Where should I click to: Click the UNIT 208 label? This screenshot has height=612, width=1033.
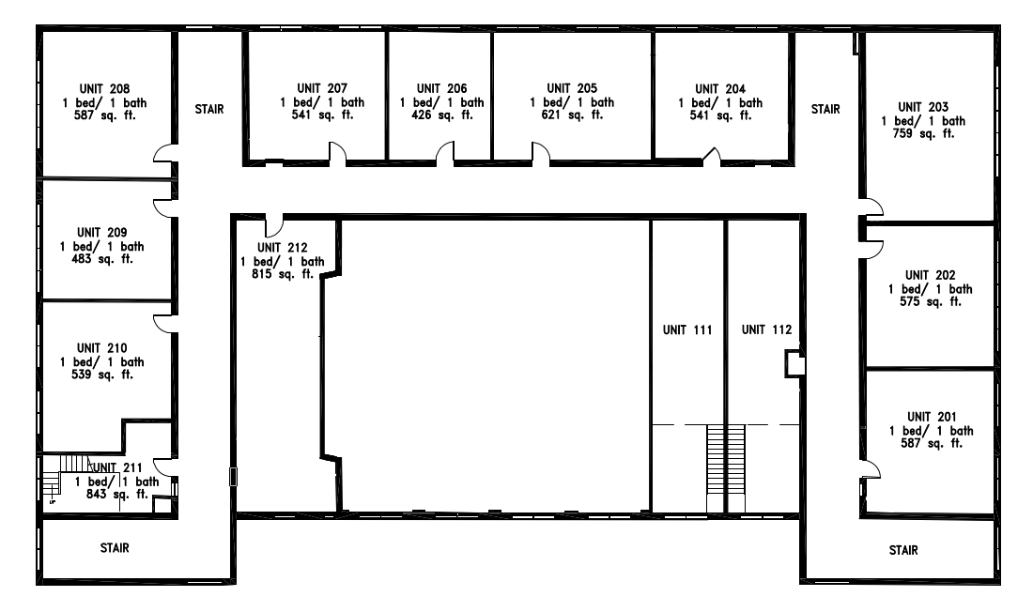click(x=105, y=89)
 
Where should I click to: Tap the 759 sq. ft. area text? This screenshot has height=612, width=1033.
click(x=924, y=133)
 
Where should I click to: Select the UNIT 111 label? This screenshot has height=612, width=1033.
click(x=687, y=330)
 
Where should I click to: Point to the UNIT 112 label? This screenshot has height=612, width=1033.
click(x=767, y=330)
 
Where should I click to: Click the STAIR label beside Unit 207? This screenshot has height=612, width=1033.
click(x=209, y=110)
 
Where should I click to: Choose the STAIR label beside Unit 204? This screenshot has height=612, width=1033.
click(x=825, y=110)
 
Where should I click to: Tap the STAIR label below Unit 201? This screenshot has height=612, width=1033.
click(x=903, y=551)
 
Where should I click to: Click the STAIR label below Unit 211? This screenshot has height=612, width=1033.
click(x=115, y=548)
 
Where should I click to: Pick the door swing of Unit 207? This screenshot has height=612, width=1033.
click(x=337, y=154)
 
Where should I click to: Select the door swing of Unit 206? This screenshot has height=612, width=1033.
click(x=445, y=154)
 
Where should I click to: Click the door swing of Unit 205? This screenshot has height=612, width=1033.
click(x=541, y=154)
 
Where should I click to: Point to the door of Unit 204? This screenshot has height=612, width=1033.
click(x=712, y=156)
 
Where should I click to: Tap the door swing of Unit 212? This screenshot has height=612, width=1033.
click(x=274, y=225)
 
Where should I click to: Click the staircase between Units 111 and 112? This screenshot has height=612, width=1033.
click(x=726, y=469)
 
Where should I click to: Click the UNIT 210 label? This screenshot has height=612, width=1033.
click(x=102, y=348)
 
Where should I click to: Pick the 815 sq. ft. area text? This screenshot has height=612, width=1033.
click(x=283, y=274)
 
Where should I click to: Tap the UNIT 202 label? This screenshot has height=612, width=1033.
click(x=931, y=275)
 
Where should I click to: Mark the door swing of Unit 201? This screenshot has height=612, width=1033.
click(x=871, y=469)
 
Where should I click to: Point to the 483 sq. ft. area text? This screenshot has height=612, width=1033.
click(x=102, y=260)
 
